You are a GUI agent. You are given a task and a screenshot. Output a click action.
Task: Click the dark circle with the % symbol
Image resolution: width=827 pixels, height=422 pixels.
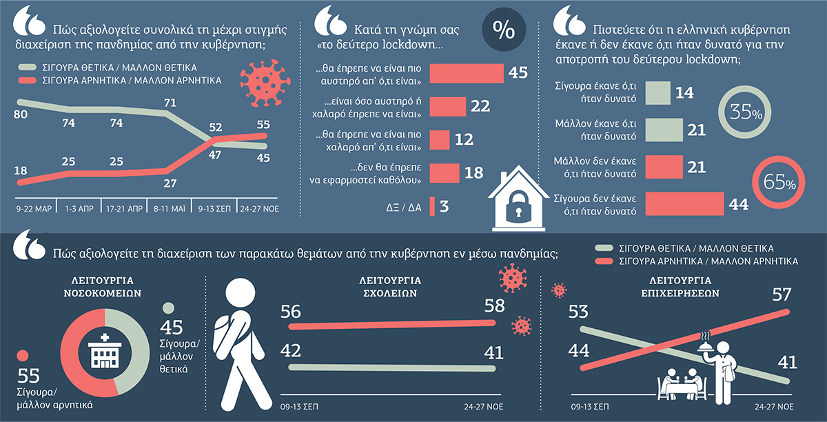coord(504,30)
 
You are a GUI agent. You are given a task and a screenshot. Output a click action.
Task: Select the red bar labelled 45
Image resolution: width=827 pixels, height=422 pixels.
coord(467,73)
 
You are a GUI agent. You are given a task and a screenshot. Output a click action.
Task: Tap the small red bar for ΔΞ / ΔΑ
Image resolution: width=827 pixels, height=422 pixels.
coord(432,206)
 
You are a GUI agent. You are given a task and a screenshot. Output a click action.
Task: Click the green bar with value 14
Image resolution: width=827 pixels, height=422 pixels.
coord(658,93)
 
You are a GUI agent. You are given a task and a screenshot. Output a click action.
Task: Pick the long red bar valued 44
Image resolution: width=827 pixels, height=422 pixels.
coord(684,203)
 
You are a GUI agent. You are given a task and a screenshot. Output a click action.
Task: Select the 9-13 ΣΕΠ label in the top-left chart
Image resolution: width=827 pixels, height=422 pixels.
coord(214,209)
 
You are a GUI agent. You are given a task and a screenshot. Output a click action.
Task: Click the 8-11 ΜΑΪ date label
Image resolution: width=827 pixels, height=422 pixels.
coord(169,209)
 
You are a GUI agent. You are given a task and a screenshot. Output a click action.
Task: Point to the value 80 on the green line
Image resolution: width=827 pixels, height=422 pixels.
coord(21,114)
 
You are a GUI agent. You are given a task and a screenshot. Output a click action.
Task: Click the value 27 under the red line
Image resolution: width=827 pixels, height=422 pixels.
coord(170,183)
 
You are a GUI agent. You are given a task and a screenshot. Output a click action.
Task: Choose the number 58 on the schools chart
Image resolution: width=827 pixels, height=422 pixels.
coord(494,305)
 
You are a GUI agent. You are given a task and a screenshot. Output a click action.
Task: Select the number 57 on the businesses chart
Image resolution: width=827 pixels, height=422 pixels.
coord(782,294)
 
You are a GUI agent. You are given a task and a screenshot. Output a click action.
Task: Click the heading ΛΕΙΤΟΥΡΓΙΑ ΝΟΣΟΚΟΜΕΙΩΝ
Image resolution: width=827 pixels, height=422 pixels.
coord(102,287)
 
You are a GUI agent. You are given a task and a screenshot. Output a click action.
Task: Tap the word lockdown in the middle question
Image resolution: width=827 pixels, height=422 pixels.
coord(409,45)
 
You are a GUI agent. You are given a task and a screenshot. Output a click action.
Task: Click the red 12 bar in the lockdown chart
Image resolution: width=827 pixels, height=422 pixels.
coord(440,140)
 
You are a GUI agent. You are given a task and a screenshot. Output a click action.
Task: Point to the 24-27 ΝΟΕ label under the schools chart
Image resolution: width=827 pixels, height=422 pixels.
coord(484,406)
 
